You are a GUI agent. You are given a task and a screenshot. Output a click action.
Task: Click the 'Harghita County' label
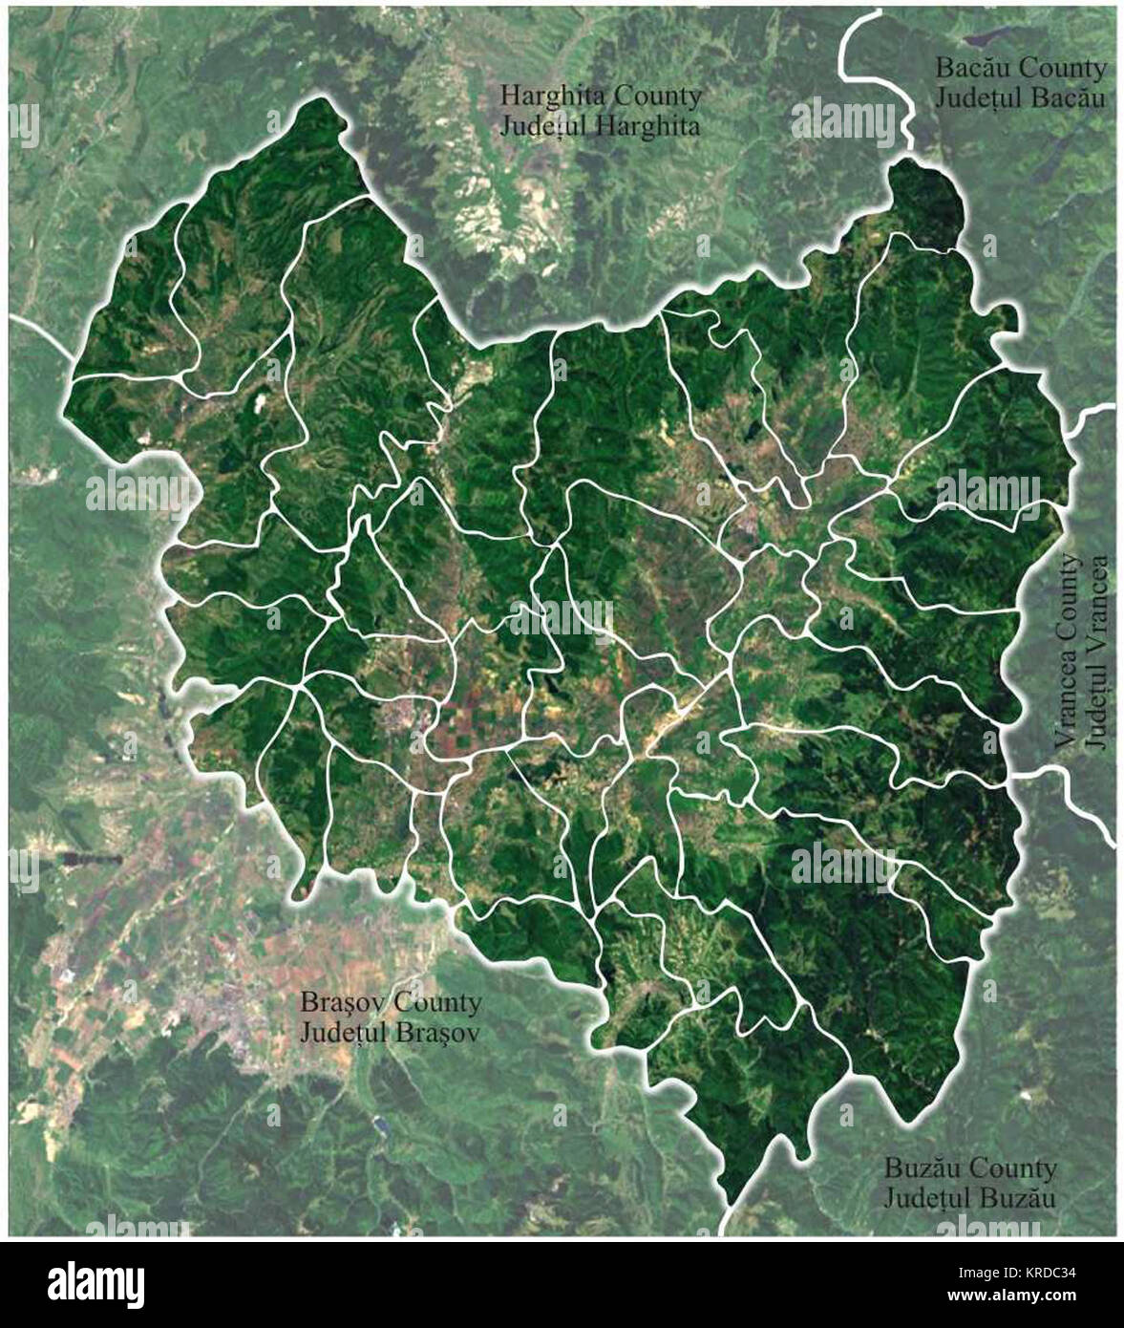click(601, 96)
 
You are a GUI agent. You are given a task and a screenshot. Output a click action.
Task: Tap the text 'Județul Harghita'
click(601, 125)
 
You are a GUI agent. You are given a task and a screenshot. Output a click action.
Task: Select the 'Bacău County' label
click(1020, 69)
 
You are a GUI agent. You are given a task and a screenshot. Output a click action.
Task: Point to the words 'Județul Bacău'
click(1020, 97)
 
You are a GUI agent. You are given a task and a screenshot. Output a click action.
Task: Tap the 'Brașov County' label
click(391, 1003)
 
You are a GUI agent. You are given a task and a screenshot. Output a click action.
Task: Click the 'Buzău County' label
click(969, 1167)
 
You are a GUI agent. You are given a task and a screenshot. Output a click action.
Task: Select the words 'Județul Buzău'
click(969, 1196)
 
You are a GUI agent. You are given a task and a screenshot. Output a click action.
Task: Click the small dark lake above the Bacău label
click(983, 39)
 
